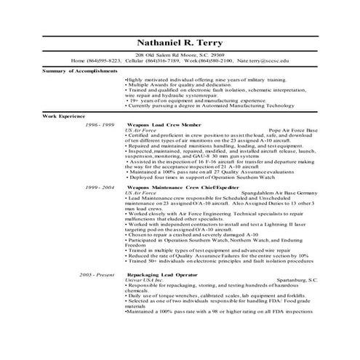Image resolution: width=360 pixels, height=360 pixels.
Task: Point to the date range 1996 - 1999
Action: click(99, 126)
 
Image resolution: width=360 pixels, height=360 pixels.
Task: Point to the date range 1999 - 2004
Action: click(99, 187)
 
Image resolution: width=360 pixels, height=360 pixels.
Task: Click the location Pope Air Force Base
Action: click(292, 131)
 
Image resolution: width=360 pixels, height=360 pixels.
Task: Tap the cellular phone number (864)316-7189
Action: click(160, 60)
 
